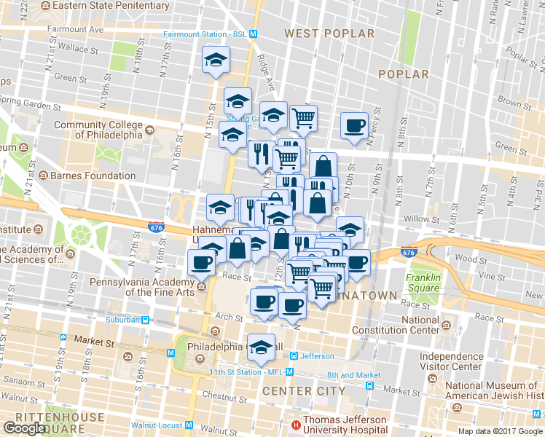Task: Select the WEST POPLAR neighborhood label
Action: [x=329, y=34]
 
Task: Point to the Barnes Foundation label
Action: [x=93, y=176]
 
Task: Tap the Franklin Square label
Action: [x=423, y=283]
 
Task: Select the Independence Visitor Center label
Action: [x=451, y=362]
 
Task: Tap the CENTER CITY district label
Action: [x=304, y=391]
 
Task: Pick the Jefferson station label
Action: [x=318, y=356]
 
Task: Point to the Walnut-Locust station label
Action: [x=156, y=425]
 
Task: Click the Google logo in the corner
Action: [x=25, y=428]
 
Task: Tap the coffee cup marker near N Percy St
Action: [x=355, y=125]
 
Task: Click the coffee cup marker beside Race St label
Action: [x=202, y=262]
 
